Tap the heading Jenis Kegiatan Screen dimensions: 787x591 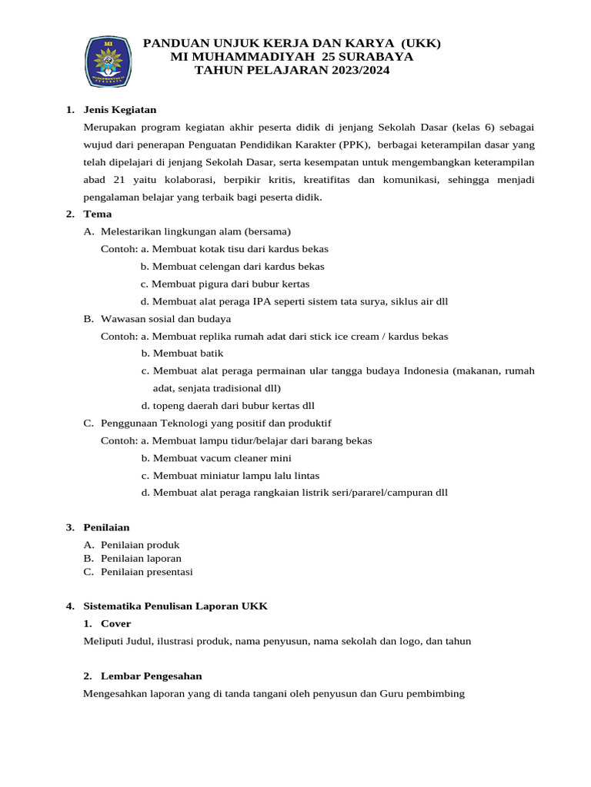point(119,109)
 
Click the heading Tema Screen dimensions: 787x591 point(98,214)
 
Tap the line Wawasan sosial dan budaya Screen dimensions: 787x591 point(165,318)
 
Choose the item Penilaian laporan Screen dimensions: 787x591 point(141,558)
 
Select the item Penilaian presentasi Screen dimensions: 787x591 point(146,572)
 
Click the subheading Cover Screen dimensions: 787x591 point(115,623)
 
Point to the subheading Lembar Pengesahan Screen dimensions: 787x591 point(151,676)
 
